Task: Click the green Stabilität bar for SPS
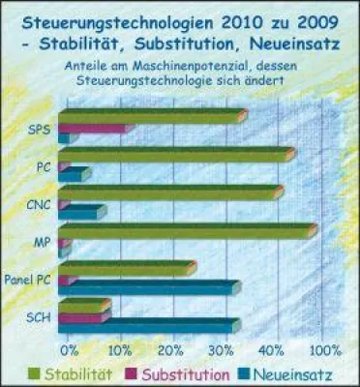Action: [x=150, y=116]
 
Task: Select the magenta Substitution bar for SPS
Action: [x=92, y=128]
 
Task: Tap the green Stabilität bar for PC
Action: [x=174, y=154]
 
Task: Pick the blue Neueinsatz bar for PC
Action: [x=75, y=174]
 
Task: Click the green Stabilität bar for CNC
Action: [x=168, y=192]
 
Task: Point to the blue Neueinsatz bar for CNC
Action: [x=82, y=211]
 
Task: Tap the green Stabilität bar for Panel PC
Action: [x=126, y=267]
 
